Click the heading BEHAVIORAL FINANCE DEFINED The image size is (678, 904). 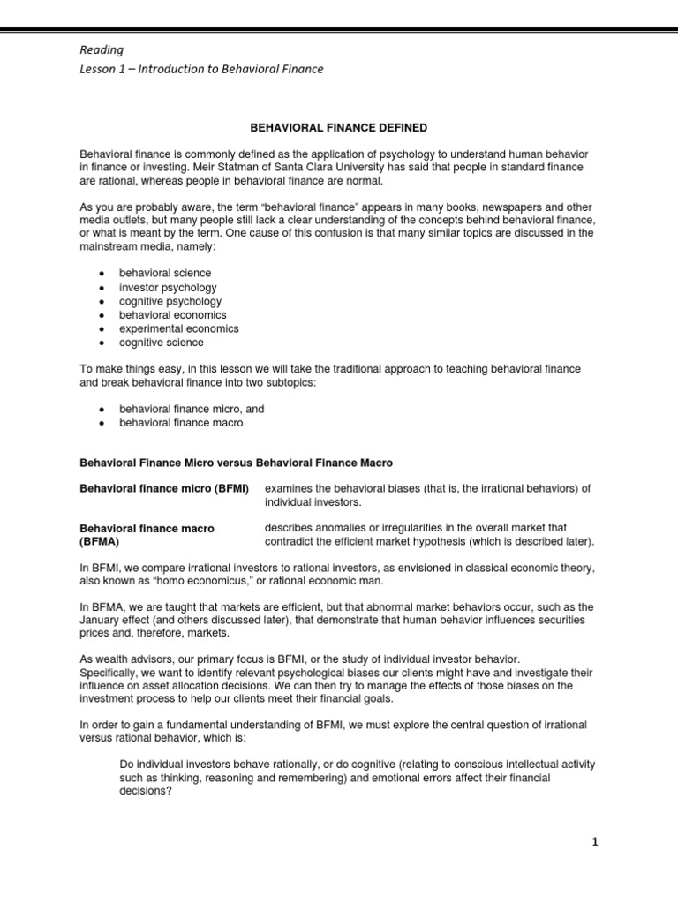click(x=338, y=128)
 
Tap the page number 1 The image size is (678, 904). click(x=595, y=842)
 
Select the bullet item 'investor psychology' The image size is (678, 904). click(x=167, y=288)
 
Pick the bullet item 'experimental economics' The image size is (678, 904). click(x=178, y=328)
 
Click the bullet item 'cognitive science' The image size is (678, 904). click(x=161, y=343)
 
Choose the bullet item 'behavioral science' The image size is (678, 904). click(x=164, y=274)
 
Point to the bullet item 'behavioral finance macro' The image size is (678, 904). click(x=180, y=423)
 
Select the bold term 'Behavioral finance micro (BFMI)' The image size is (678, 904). click(x=164, y=488)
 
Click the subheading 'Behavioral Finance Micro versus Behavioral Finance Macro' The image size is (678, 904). click(x=237, y=463)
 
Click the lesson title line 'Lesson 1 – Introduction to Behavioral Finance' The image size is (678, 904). click(x=202, y=70)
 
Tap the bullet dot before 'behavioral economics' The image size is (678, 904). click(x=102, y=315)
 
